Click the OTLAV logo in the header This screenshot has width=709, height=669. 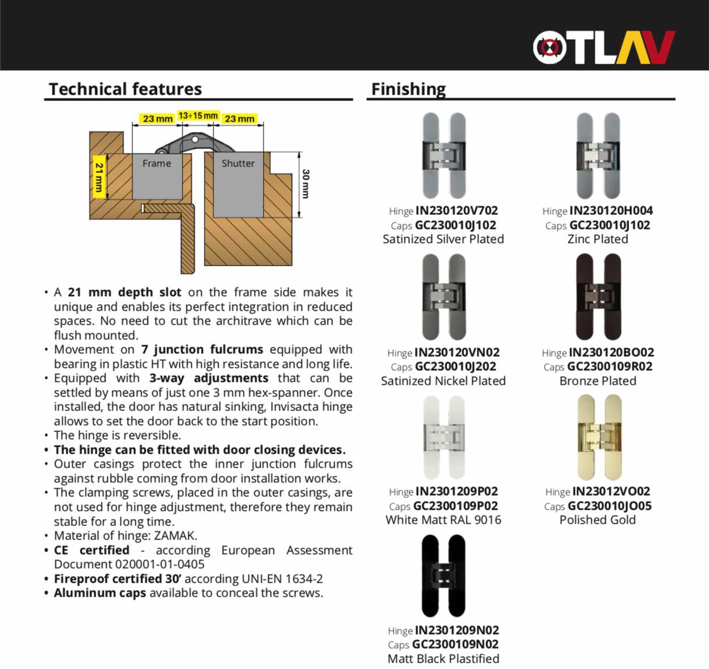pyautogui.click(x=603, y=47)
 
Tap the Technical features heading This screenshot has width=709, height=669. pyautogui.click(x=125, y=89)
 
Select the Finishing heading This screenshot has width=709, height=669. pyautogui.click(x=408, y=89)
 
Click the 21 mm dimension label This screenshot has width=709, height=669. pyautogui.click(x=99, y=177)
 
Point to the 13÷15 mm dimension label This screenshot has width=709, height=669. pyautogui.click(x=198, y=116)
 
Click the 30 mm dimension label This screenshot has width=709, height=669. pyautogui.click(x=306, y=184)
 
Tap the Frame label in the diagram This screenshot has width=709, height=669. pyautogui.click(x=157, y=163)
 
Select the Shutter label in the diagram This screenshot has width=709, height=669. pyautogui.click(x=238, y=163)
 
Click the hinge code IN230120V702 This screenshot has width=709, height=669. pyautogui.click(x=457, y=211)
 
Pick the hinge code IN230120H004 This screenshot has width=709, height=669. pyautogui.click(x=611, y=211)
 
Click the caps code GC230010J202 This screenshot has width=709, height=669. pyautogui.click(x=455, y=367)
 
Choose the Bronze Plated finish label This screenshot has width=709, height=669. pyautogui.click(x=598, y=381)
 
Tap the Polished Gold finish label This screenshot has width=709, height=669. pyautogui.click(x=598, y=520)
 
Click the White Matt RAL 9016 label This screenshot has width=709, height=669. pyautogui.click(x=443, y=520)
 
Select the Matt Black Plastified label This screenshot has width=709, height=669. pyautogui.click(x=443, y=658)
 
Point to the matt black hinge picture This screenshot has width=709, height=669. pyautogui.click(x=443, y=576)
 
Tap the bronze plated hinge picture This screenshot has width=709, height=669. pyautogui.click(x=598, y=297)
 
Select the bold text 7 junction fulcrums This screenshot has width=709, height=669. pyautogui.click(x=202, y=349)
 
